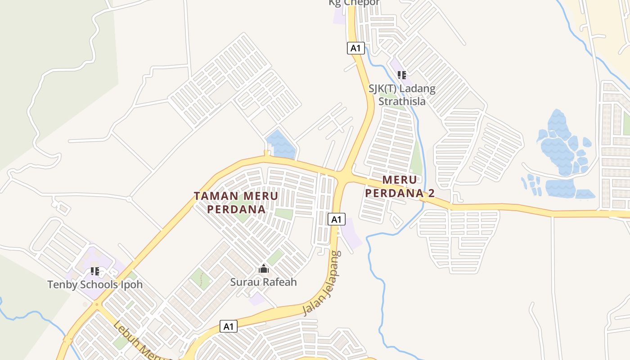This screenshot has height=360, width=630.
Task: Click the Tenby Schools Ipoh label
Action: point(95,284)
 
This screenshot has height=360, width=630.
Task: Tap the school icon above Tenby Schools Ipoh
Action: point(95,271)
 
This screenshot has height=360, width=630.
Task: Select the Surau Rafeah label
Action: point(263,282)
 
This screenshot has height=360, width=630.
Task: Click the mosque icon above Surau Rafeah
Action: point(264,269)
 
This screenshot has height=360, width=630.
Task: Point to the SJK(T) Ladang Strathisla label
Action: point(402,94)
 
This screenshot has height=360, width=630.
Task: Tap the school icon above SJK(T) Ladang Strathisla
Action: point(402,75)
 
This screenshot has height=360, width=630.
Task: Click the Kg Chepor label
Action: point(354,3)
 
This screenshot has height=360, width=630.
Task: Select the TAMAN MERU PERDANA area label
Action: point(236,202)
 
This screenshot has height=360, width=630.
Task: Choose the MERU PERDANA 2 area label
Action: point(400,186)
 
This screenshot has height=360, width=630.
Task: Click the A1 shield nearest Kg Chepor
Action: point(355,48)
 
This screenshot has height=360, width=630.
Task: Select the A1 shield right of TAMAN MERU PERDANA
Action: point(337,219)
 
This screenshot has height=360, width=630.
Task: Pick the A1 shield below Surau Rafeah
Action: point(229,326)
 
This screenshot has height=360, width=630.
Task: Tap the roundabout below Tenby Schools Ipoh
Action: point(96,305)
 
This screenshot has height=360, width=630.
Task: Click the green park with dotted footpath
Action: point(200,279)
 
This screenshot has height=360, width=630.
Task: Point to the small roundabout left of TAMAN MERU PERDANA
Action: point(129,198)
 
